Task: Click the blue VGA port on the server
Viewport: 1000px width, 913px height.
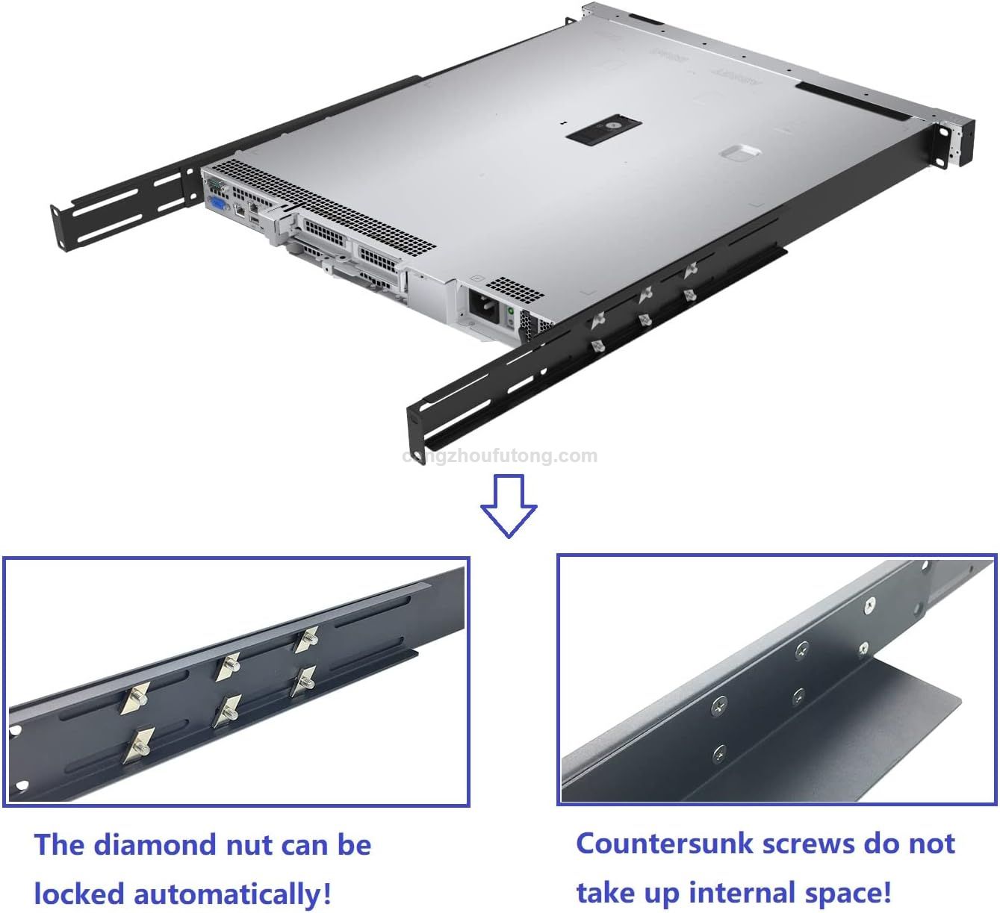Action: click(x=217, y=206)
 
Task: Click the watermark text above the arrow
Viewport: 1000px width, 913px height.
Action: click(x=500, y=456)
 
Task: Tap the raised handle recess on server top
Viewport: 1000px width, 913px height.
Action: click(x=740, y=153)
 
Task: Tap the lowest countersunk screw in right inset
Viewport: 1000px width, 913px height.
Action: click(x=718, y=752)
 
